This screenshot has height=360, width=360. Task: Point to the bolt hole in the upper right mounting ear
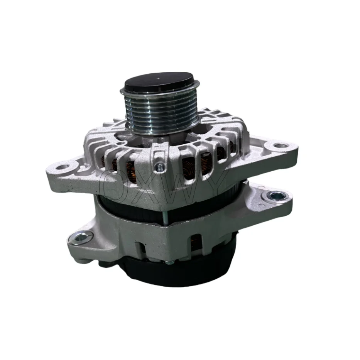281,147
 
